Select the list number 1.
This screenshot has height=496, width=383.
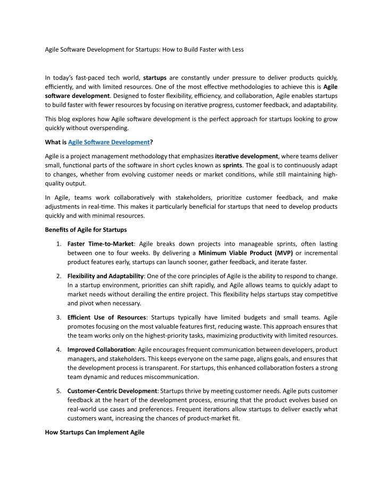tap(58, 243)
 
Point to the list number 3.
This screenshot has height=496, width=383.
tap(58, 318)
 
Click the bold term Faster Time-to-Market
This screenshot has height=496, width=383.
tap(100, 243)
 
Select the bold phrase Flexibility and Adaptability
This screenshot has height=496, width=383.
tap(106, 276)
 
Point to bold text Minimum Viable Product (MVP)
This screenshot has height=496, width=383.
tap(245, 253)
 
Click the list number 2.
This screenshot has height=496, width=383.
tap(58, 276)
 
